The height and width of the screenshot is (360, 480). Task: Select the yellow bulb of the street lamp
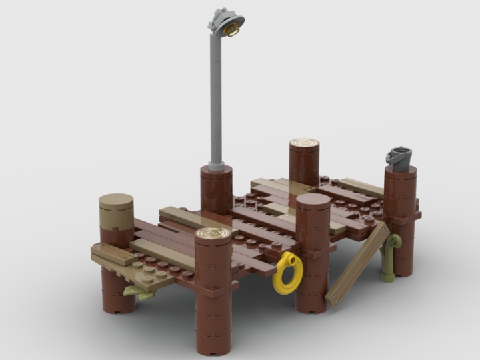click(232, 29)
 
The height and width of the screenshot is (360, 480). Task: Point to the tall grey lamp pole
click(216, 100)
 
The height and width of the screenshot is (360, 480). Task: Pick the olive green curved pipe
click(392, 250)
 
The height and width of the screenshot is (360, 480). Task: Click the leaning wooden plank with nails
click(357, 264)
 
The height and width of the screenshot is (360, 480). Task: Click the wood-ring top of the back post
click(304, 144)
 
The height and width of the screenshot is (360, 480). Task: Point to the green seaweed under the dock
click(137, 292)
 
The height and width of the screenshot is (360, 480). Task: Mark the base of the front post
click(213, 343)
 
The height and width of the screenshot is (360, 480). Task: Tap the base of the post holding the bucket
click(401, 267)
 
